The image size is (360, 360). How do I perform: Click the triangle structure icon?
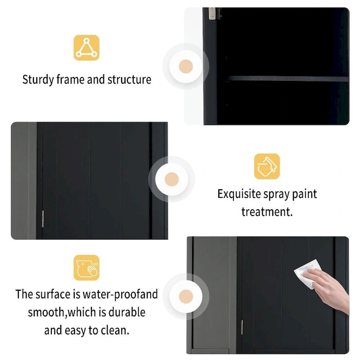(x=86, y=48)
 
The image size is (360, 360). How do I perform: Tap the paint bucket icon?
(x=267, y=166)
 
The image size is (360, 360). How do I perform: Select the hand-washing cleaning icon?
(x=86, y=267)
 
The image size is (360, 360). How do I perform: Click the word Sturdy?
(x=38, y=80)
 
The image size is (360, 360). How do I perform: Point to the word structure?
(x=130, y=80)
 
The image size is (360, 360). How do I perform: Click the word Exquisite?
(x=238, y=194)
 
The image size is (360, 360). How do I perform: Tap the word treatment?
(x=267, y=211)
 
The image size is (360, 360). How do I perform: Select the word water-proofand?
(x=120, y=295)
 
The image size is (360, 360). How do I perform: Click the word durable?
(x=126, y=312)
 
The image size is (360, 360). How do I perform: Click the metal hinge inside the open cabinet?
(x=212, y=13)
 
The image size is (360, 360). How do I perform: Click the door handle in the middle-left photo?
(x=43, y=219)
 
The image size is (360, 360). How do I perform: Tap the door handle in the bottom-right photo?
(x=242, y=327)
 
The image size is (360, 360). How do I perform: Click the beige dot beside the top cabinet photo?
(x=186, y=66)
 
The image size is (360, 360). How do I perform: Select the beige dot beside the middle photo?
(x=172, y=179)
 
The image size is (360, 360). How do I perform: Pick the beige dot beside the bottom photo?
(x=186, y=296)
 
